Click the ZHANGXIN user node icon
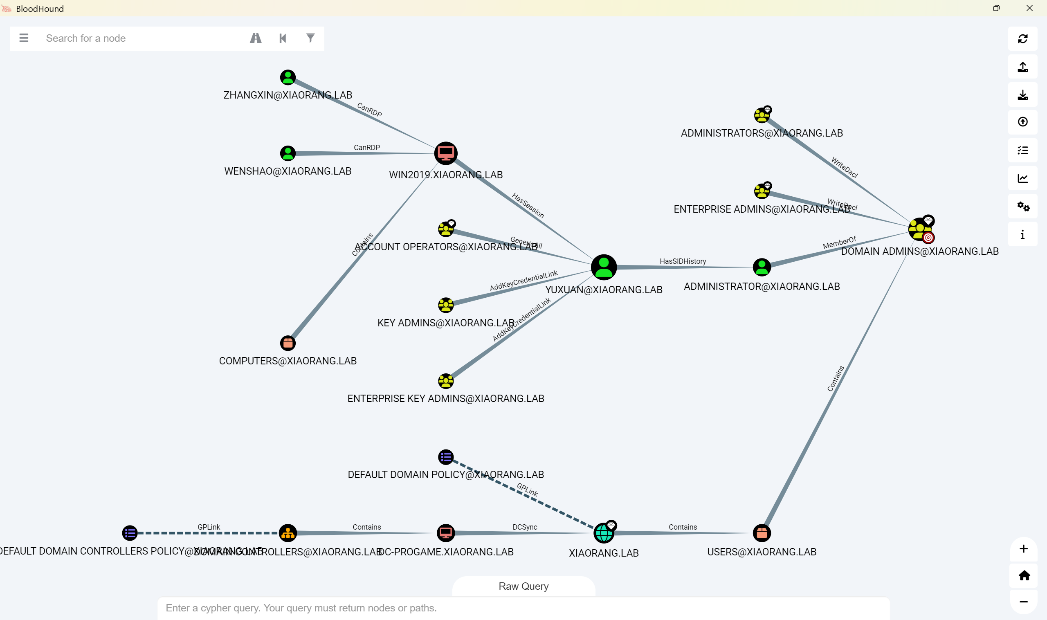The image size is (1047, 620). (288, 77)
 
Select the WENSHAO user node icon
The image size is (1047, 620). (288, 153)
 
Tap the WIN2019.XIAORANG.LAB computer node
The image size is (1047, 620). (446, 153)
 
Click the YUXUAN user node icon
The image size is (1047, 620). (604, 267)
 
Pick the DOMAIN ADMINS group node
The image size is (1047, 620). (919, 229)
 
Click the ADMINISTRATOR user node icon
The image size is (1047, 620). (762, 267)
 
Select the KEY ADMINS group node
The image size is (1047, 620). (446, 305)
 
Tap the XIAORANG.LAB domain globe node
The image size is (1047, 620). (604, 533)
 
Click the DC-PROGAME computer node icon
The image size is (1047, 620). (446, 533)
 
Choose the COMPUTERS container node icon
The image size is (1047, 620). (288, 344)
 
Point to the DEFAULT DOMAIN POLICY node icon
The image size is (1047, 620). (446, 457)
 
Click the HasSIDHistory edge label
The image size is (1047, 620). (683, 261)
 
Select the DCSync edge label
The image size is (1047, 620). (525, 527)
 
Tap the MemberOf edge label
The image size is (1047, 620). (839, 243)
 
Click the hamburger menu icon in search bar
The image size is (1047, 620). (24, 38)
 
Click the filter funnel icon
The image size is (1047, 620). (310, 38)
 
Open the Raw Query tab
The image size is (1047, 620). (523, 586)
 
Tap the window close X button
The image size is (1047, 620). (1029, 8)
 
